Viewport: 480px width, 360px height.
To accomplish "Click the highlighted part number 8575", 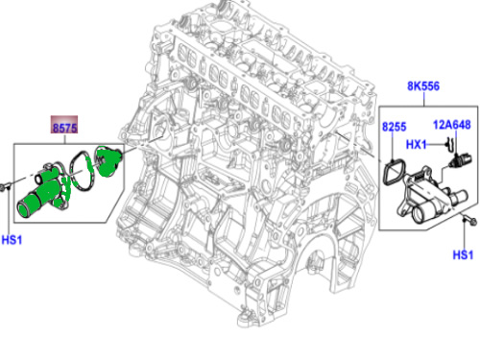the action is coord(64,128).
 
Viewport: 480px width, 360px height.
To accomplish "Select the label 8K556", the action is coord(423,86).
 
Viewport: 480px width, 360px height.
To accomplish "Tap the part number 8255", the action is coord(395,127).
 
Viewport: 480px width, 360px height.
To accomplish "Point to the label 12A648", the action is coord(452,125).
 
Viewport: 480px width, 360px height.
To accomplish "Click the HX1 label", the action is coord(417,145).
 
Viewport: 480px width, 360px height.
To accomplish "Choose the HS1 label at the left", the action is coord(12,240).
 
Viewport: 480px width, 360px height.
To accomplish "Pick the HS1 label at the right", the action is coord(463,255).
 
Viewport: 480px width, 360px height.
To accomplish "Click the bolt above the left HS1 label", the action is coord(6,186).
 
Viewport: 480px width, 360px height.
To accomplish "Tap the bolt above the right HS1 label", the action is coord(469,220).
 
